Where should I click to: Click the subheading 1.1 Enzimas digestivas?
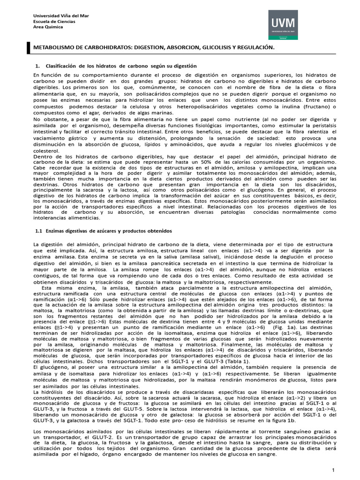point(104,231)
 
